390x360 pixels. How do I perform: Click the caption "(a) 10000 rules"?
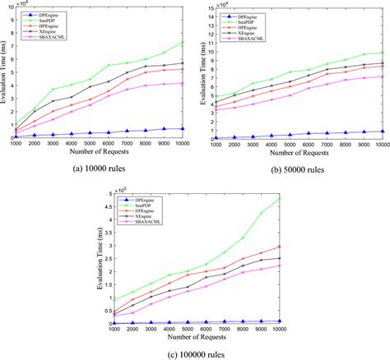tap(99, 166)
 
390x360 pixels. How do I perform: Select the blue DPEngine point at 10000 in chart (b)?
tap(382, 131)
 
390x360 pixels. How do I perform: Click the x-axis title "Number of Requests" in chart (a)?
tap(99, 150)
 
